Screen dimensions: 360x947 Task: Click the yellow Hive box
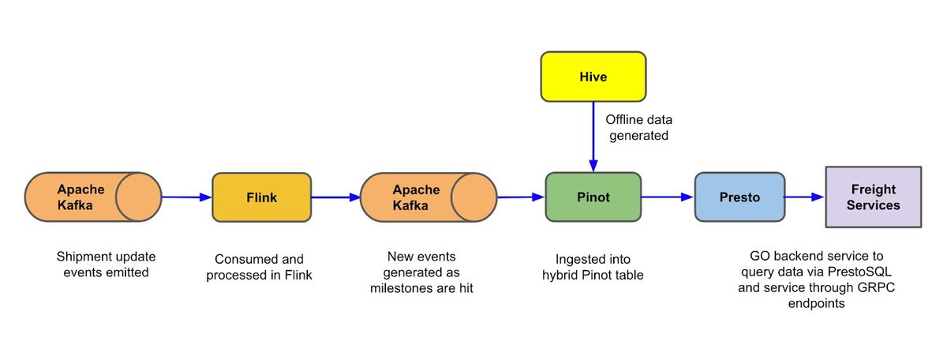pyautogui.click(x=593, y=77)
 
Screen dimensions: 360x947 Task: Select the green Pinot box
pyautogui.click(x=593, y=197)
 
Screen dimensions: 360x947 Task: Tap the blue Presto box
pyautogui.click(x=739, y=197)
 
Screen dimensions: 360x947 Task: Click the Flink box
pyautogui.click(x=261, y=197)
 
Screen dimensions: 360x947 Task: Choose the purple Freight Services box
pyautogui.click(x=873, y=197)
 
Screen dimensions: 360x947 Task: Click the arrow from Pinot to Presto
pyautogui.click(x=667, y=197)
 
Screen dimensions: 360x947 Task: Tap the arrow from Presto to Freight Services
pyautogui.click(x=804, y=197)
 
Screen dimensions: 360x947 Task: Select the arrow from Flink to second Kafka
pyautogui.click(x=335, y=197)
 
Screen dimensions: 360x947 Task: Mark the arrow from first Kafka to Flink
pyautogui.click(x=187, y=197)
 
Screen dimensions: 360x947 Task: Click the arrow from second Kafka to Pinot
pyautogui.click(x=521, y=197)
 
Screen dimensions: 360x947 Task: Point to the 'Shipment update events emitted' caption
pyautogui.click(x=106, y=264)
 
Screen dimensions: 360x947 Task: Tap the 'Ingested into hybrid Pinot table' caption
pyautogui.click(x=592, y=267)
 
